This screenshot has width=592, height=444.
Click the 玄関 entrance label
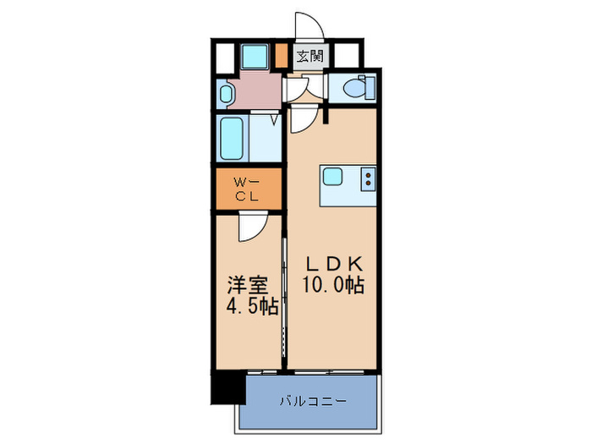(310, 58)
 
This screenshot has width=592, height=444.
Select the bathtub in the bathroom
(231, 138)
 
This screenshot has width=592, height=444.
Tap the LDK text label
(333, 262)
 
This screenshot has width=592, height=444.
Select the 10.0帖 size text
(333, 285)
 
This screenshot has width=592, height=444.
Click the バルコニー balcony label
(311, 400)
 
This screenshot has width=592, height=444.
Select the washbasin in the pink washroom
(226, 93)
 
